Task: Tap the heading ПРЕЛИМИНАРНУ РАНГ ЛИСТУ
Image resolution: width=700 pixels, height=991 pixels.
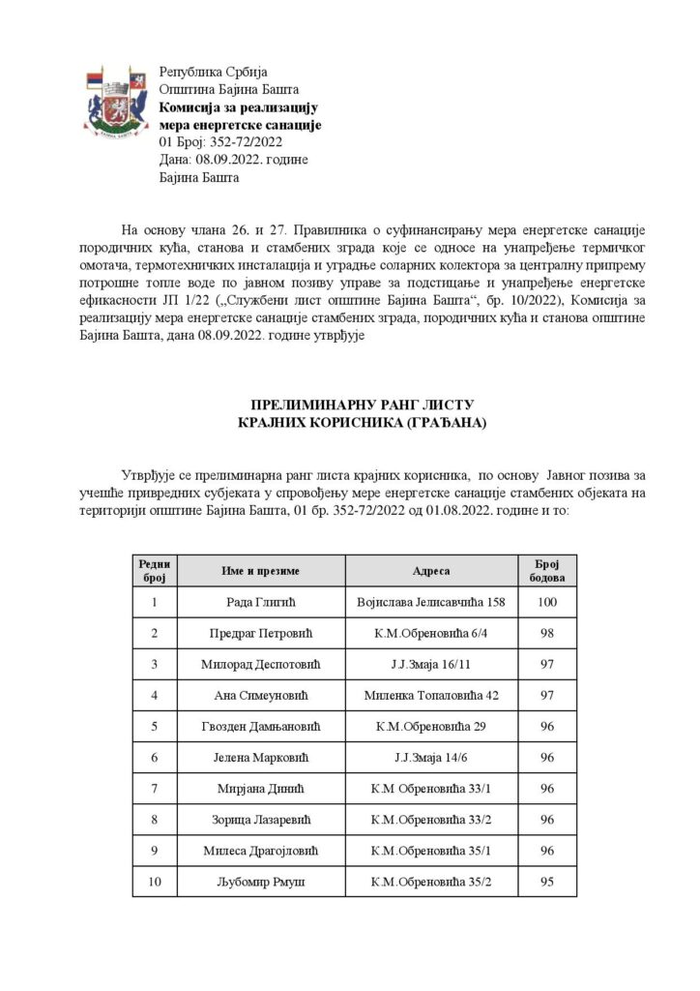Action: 349,404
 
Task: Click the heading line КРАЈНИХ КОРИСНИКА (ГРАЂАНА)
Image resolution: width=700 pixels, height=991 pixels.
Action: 349,422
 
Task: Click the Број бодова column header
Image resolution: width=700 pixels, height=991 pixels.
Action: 547,571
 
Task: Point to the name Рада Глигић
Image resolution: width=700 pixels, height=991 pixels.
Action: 260,604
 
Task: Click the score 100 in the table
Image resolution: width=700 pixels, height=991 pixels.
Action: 547,604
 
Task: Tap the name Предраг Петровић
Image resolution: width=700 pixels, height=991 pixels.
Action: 260,634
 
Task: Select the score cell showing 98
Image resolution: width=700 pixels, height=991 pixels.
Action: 547,634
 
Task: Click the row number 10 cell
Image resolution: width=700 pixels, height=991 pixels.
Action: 155,882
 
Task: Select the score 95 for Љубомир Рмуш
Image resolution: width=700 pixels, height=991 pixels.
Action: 547,882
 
